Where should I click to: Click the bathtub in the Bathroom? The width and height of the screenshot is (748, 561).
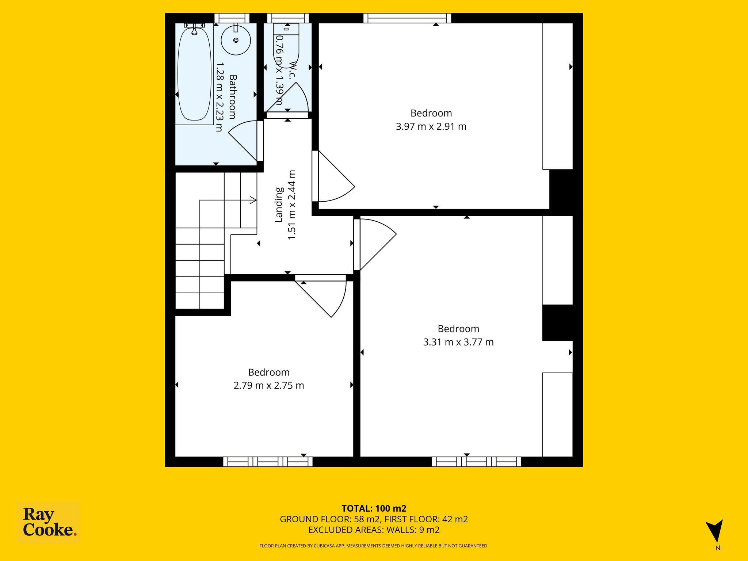pyautogui.click(x=194, y=73)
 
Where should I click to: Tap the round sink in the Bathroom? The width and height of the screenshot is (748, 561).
pyautogui.click(x=236, y=40)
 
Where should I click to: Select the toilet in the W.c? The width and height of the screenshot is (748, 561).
pyautogui.click(x=286, y=46)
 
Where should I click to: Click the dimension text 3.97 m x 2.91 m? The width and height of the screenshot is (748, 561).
pyautogui.click(x=431, y=127)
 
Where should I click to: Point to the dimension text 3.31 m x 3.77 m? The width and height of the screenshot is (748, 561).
pyautogui.click(x=458, y=342)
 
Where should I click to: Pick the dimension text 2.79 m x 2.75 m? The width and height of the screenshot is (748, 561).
pyautogui.click(x=269, y=386)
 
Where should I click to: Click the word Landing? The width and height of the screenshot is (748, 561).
pyautogui.click(x=279, y=205)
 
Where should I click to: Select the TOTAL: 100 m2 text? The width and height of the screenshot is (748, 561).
pyautogui.click(x=374, y=508)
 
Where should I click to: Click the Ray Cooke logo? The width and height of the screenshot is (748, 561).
pyautogui.click(x=49, y=523)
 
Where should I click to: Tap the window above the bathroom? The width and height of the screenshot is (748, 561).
pyautogui.click(x=232, y=18)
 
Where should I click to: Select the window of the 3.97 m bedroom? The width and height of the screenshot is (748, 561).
pyautogui.click(x=407, y=18)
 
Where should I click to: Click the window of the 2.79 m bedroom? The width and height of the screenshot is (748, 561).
pyautogui.click(x=268, y=462)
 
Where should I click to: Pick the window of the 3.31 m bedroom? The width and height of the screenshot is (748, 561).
pyautogui.click(x=476, y=462)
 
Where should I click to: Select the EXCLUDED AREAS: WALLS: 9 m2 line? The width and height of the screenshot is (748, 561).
pyautogui.click(x=374, y=530)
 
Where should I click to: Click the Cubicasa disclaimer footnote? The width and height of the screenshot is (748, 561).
pyautogui.click(x=374, y=546)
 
